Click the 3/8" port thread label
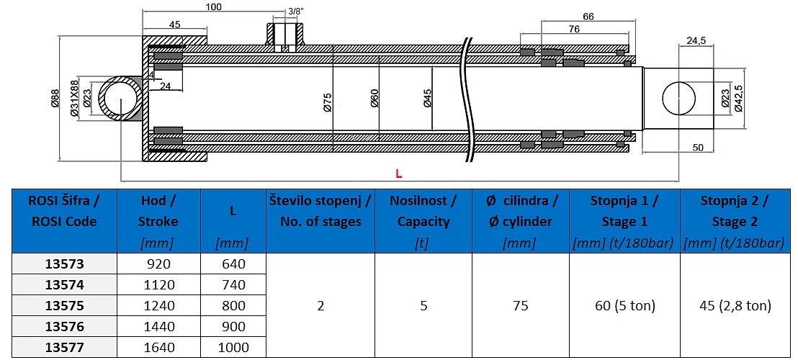click(x=295, y=12)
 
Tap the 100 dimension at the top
click(x=213, y=7)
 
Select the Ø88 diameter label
click(x=55, y=98)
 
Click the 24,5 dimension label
click(x=695, y=40)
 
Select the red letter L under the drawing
click(x=398, y=174)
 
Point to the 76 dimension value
click(x=573, y=29)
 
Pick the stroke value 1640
click(x=159, y=348)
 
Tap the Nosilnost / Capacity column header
click(x=423, y=210)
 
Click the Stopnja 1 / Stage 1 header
click(x=624, y=210)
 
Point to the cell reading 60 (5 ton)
click(x=624, y=305)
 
